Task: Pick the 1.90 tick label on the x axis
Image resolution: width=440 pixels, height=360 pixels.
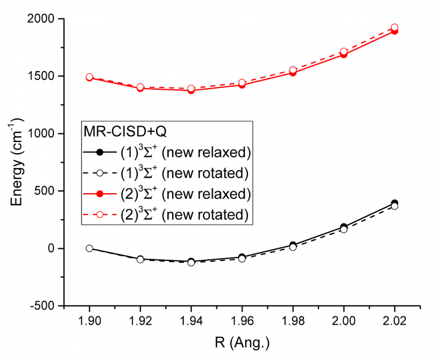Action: click(x=89, y=321)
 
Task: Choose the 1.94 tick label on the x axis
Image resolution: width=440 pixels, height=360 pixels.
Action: click(x=191, y=321)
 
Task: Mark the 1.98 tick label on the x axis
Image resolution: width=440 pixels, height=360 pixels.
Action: click(x=293, y=321)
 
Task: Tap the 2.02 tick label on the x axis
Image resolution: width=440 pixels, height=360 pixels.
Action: click(x=394, y=321)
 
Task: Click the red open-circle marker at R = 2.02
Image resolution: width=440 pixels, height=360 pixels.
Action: click(x=394, y=28)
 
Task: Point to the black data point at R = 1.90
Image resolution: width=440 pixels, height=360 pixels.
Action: click(x=89, y=248)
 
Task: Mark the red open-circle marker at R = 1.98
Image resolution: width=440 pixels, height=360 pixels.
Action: click(x=293, y=70)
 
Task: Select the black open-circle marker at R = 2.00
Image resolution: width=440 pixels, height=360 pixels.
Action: click(x=344, y=229)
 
